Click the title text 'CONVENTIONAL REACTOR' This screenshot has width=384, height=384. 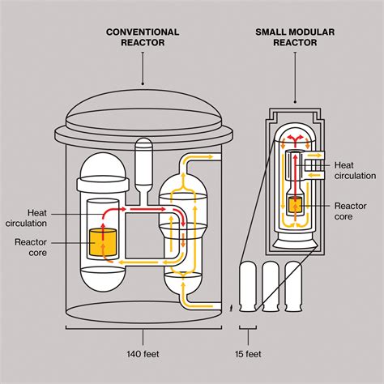coord(143,37)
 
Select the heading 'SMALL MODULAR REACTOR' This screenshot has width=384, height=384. coord(289,37)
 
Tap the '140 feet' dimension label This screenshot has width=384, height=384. coord(143,354)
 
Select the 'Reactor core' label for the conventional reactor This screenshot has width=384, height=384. coord(36,246)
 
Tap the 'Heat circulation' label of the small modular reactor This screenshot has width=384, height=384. coord(355,170)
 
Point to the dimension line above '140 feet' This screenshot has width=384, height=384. coord(143,331)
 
